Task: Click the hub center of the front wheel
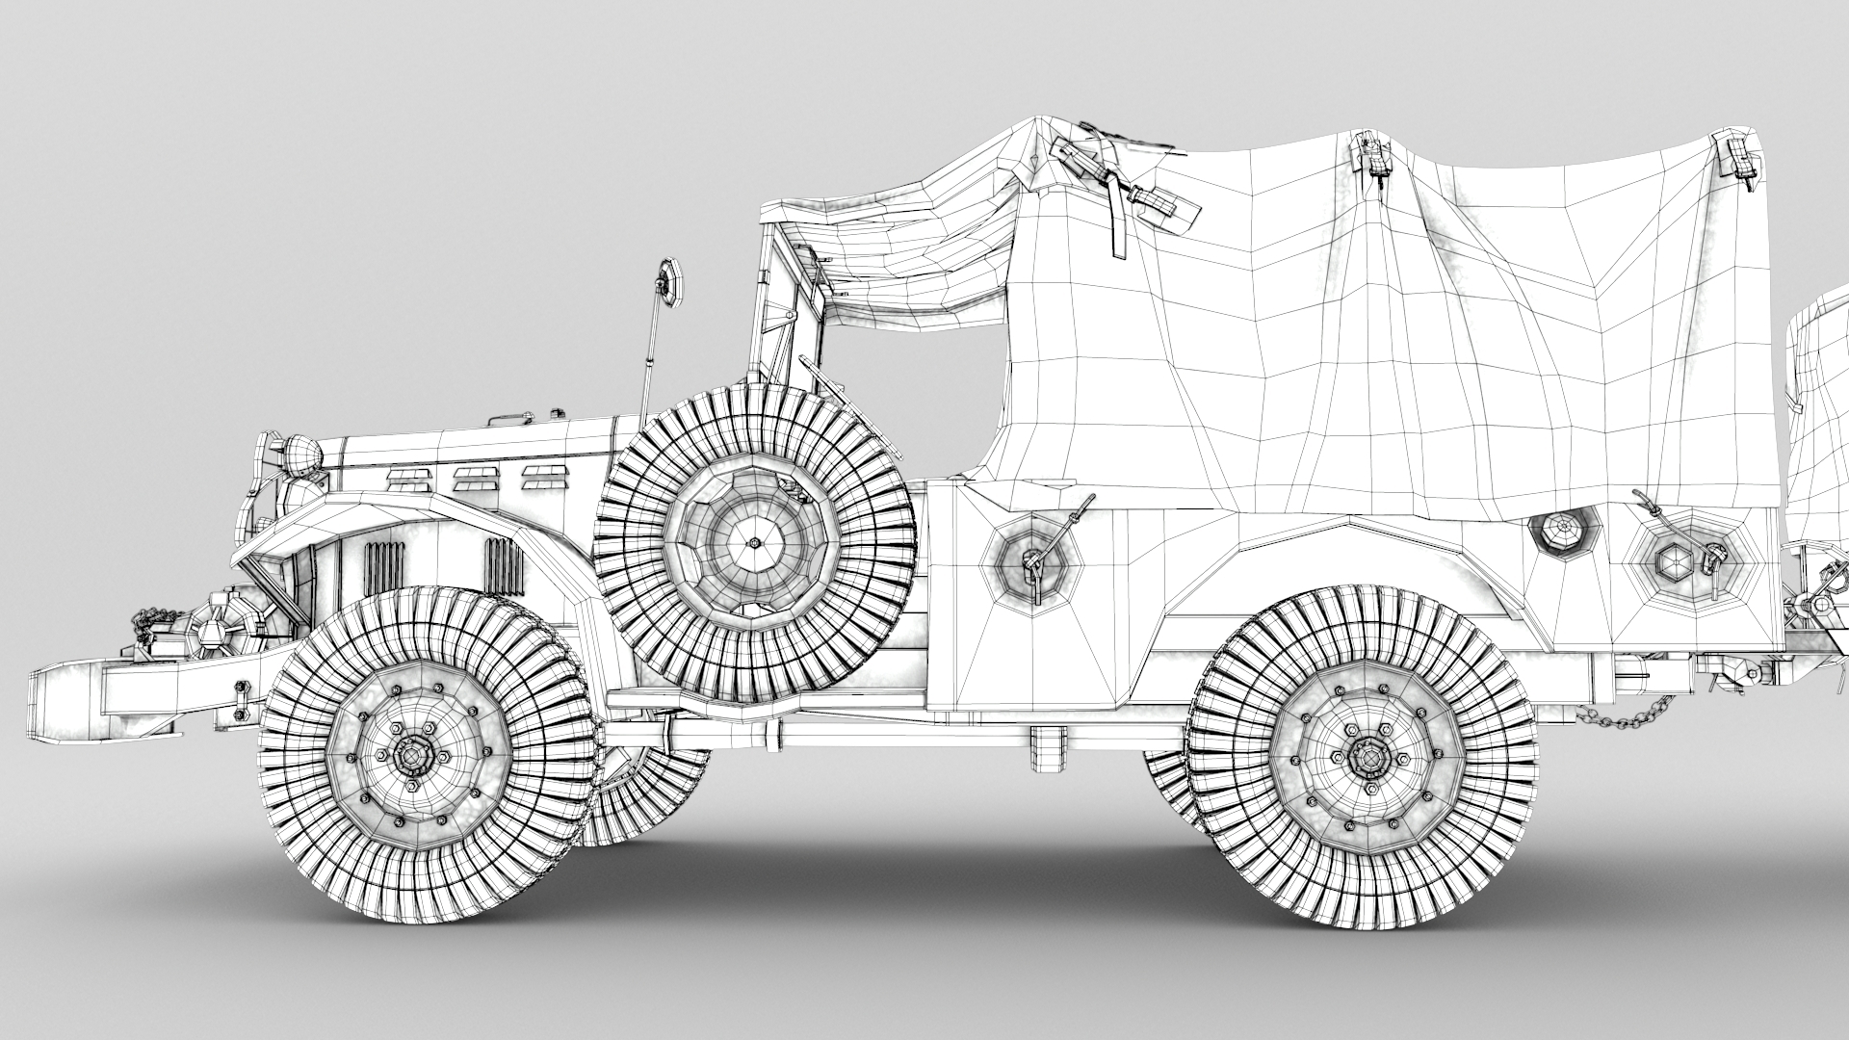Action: (x=414, y=757)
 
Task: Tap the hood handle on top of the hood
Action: (x=510, y=420)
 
